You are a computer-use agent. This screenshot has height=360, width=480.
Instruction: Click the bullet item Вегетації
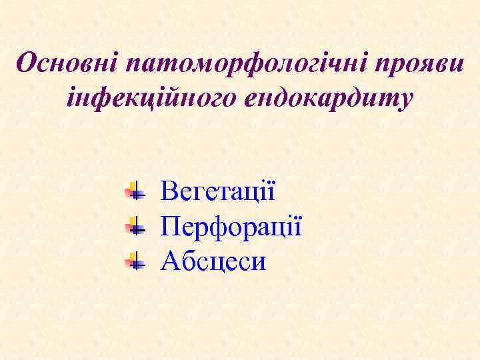218,193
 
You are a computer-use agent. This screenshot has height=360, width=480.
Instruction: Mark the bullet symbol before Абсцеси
135,261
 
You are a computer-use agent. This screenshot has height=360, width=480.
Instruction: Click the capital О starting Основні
27,64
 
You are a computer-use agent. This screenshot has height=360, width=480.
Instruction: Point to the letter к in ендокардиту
317,99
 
